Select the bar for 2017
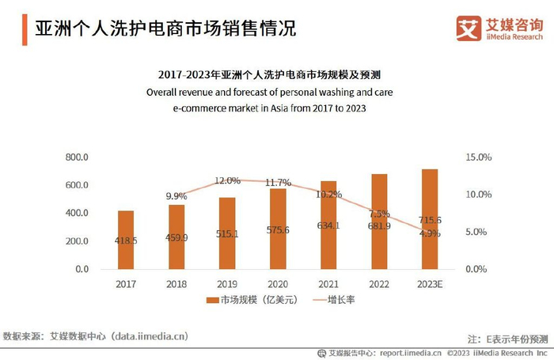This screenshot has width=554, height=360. [x=126, y=239]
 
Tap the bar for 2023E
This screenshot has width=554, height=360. [x=430, y=219]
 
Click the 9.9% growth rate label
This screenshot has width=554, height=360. [x=176, y=195]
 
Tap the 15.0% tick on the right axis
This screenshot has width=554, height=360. [x=478, y=157]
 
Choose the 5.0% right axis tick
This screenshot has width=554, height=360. [x=476, y=232]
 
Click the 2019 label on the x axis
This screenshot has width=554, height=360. [x=227, y=283]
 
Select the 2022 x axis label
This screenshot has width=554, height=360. [x=379, y=283]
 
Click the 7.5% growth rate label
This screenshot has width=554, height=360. [x=379, y=214]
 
